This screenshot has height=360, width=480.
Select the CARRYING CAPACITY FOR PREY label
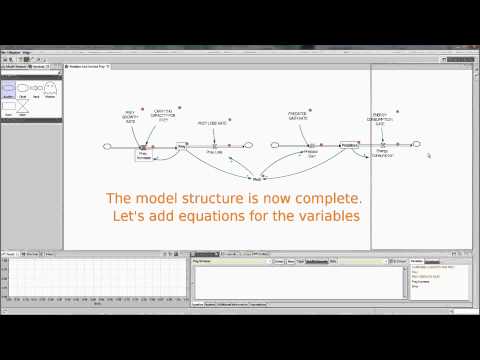tap(163, 115)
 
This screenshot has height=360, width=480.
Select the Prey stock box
tap(182, 146)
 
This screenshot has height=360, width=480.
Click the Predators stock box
tap(348, 146)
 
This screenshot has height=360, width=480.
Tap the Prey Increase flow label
tap(143, 156)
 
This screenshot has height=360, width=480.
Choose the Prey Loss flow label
tap(214, 153)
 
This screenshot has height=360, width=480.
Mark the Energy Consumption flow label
tap(382, 155)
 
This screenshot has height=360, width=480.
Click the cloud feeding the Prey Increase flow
tap(108, 147)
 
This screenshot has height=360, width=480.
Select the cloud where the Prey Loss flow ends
tap(247, 147)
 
